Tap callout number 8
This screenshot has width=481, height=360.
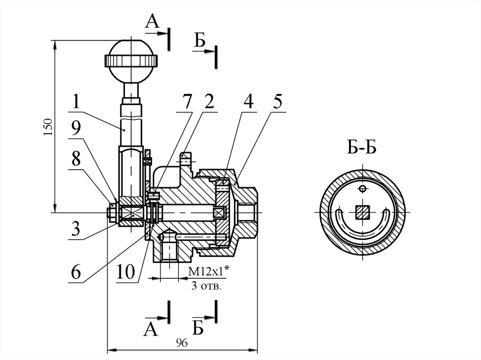(76, 161)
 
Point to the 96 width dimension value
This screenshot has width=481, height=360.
(182, 344)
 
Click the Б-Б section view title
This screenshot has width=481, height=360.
(362, 148)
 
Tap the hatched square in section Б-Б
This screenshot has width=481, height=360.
(361, 213)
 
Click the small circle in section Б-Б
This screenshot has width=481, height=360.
(362, 189)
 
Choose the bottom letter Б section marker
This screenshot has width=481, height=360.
(198, 328)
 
